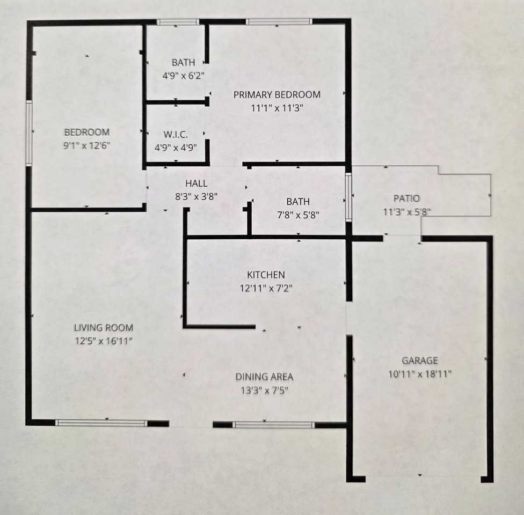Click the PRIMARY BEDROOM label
tap(276, 95)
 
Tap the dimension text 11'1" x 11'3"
tap(277, 107)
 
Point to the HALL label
tap(196, 184)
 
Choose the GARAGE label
tap(419, 360)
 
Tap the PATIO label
tap(405, 198)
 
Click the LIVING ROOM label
tap(104, 328)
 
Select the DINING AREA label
tap(264, 377)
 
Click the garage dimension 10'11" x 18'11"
tap(419, 373)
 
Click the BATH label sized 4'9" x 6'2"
tap(183, 63)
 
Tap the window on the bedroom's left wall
tap(29, 133)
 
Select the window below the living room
tap(101, 423)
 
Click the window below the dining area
tap(273, 425)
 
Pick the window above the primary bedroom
tap(279, 22)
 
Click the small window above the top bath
tap(178, 22)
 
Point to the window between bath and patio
tap(348, 196)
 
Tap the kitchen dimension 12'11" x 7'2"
tap(266, 288)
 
